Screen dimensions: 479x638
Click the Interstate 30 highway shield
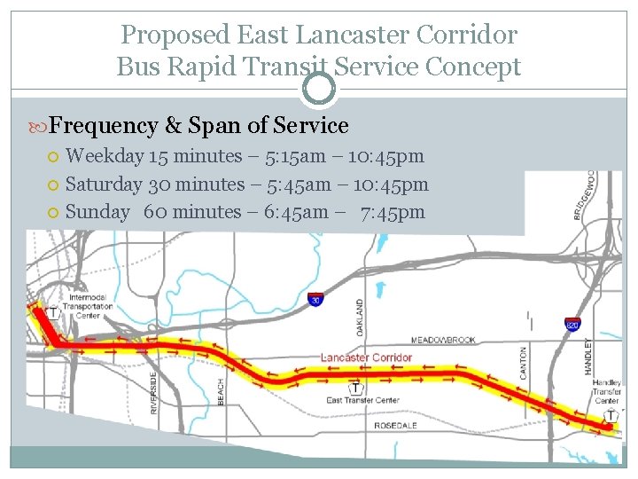(x=315, y=300)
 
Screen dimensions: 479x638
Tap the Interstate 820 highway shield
(x=572, y=325)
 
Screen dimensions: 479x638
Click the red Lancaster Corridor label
(x=367, y=357)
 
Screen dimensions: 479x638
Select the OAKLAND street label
(x=360, y=316)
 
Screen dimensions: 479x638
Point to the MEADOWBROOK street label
(x=443, y=340)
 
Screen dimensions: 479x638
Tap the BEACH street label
(x=221, y=391)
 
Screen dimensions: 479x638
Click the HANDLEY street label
(x=588, y=356)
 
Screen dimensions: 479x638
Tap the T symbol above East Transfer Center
(x=355, y=388)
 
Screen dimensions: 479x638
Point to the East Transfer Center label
(x=362, y=401)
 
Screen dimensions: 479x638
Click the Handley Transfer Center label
(x=607, y=392)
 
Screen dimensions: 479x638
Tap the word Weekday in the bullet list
(x=105, y=156)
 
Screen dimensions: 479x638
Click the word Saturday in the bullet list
(x=104, y=185)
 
